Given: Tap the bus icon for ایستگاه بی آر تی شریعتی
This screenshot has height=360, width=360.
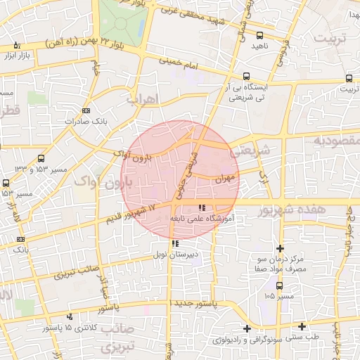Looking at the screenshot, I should (246, 76).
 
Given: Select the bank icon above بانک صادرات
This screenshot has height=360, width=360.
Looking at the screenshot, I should (86, 110).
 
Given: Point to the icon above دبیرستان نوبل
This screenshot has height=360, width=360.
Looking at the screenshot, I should (175, 244).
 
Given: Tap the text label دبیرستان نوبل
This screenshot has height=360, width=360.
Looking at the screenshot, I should (175, 255).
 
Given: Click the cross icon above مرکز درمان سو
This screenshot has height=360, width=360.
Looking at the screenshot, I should (280, 248).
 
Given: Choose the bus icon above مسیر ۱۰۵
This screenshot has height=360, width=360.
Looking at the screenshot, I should (280, 285).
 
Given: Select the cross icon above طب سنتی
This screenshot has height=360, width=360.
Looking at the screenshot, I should (302, 326).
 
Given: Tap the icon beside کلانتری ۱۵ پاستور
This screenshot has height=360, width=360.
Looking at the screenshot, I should (70, 317).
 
